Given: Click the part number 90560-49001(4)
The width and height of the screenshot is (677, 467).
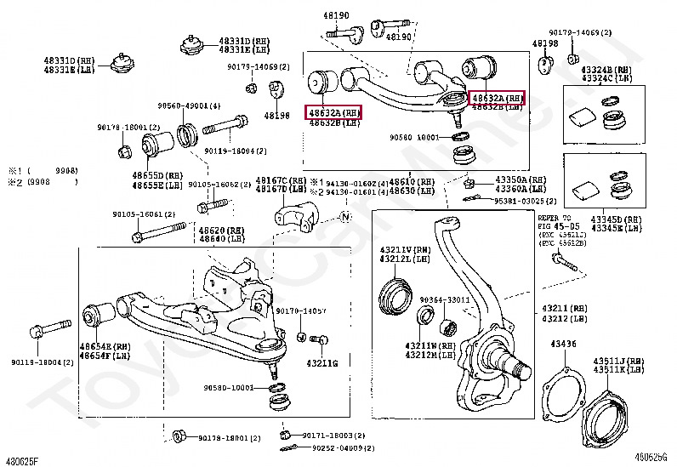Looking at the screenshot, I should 189,106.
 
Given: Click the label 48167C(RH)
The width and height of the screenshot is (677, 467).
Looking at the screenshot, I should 281,180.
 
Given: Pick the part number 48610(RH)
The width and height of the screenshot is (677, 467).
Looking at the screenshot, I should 412,182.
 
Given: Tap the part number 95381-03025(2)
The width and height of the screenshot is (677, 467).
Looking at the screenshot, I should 526,202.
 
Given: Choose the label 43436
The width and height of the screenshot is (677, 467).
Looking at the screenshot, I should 563,344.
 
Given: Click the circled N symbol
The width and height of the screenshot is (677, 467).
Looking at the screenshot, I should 345,218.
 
